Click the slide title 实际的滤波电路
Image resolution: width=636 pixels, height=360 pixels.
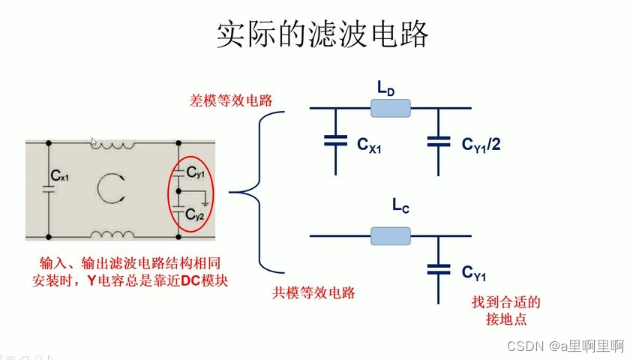pos(322,34)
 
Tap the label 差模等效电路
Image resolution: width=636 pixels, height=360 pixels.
pos(230,99)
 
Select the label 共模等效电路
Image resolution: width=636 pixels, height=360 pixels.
pos(313,293)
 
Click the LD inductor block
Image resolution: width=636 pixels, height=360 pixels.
pos(390,110)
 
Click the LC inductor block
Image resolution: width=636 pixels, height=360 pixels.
pos(390,237)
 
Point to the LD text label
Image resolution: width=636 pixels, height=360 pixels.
pos(385,91)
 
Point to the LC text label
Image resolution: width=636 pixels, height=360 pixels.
pos(400,205)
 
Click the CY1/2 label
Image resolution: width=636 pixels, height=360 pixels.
pos(481,143)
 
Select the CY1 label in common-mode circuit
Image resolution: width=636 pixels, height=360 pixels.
pos(474,273)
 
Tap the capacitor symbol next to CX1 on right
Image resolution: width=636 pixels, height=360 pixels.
pos(335,140)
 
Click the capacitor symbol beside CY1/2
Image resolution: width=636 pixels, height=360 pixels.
pos(438,140)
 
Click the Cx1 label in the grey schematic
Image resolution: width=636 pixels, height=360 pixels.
pos(59,177)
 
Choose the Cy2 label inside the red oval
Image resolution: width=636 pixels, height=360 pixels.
pos(195,214)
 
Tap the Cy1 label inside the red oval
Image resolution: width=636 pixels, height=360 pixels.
pos(195,173)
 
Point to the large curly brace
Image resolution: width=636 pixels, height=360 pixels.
pos(259,192)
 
